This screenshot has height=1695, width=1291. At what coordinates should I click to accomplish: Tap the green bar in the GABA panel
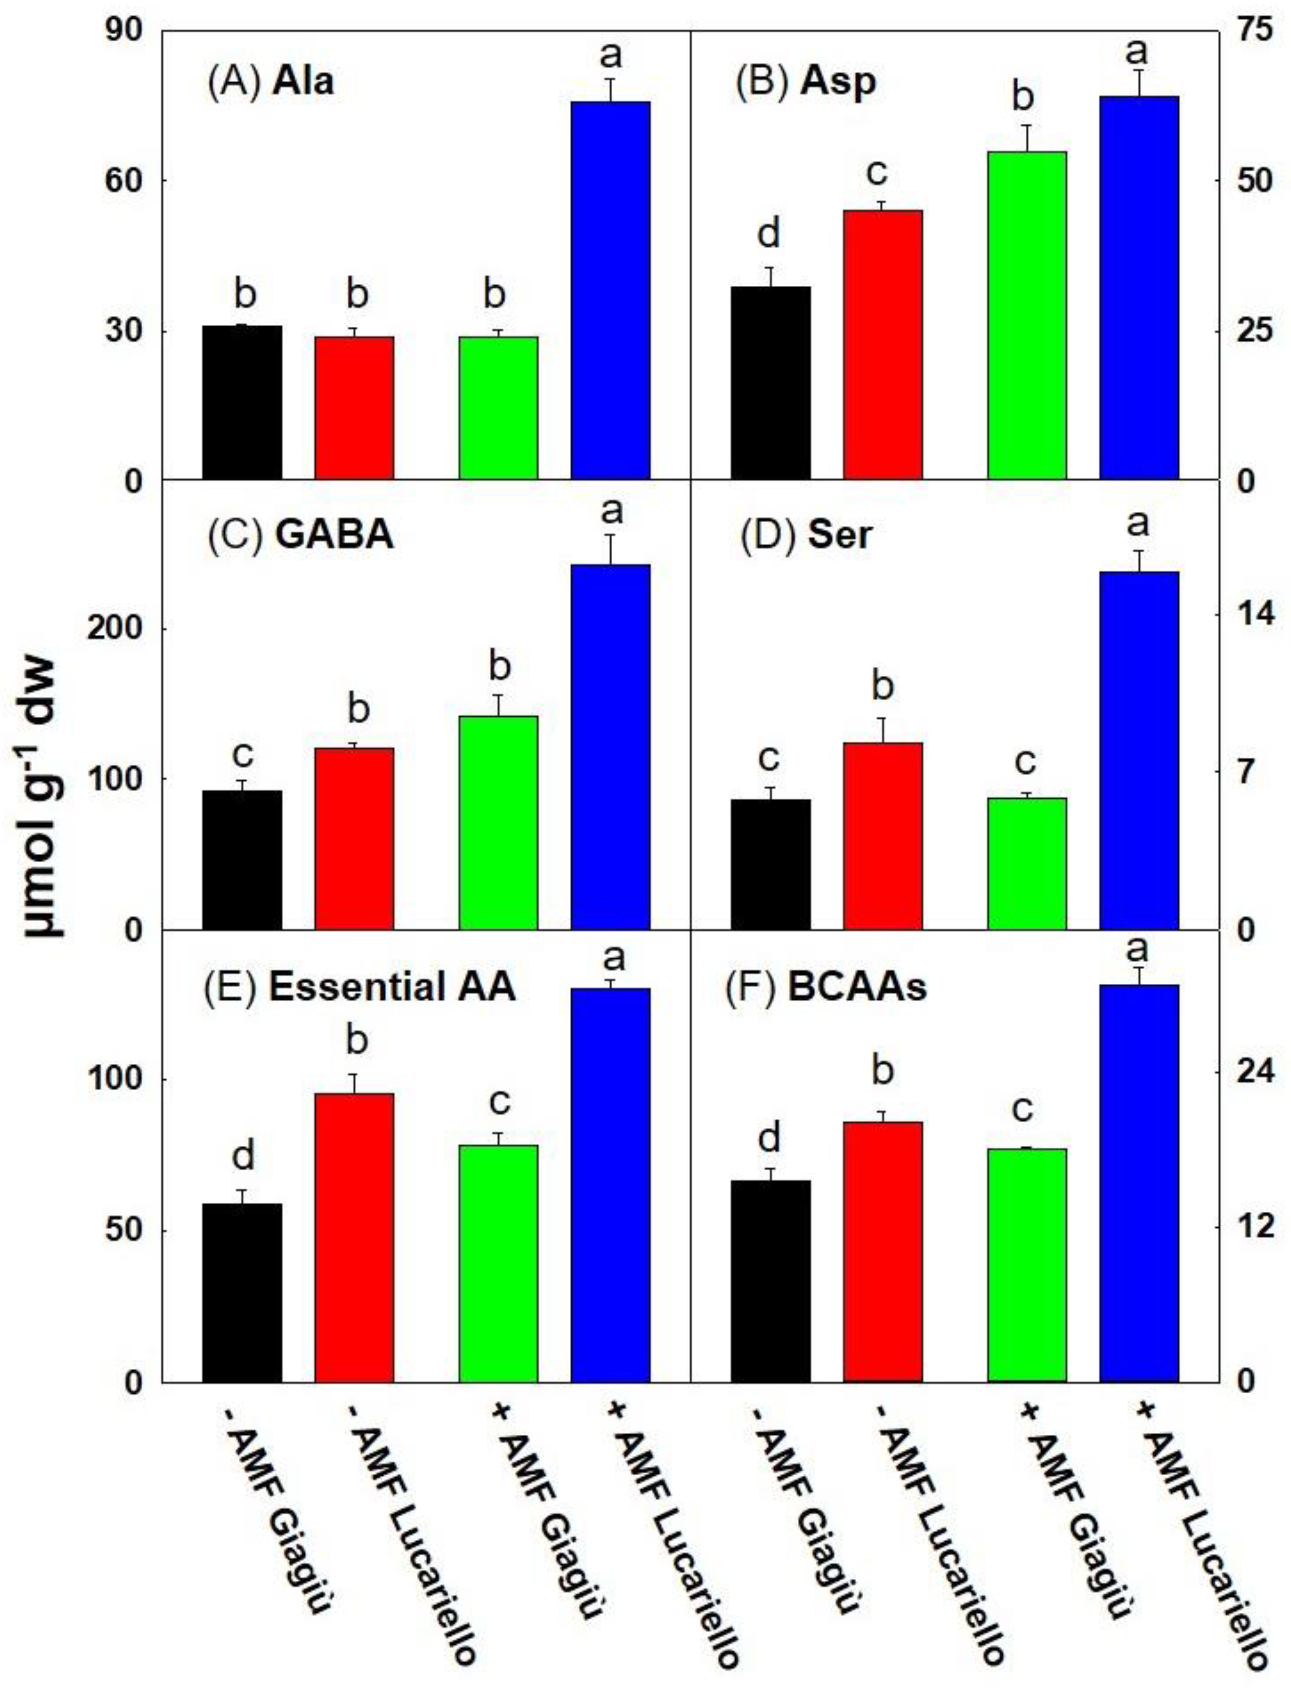[x=498, y=823]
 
